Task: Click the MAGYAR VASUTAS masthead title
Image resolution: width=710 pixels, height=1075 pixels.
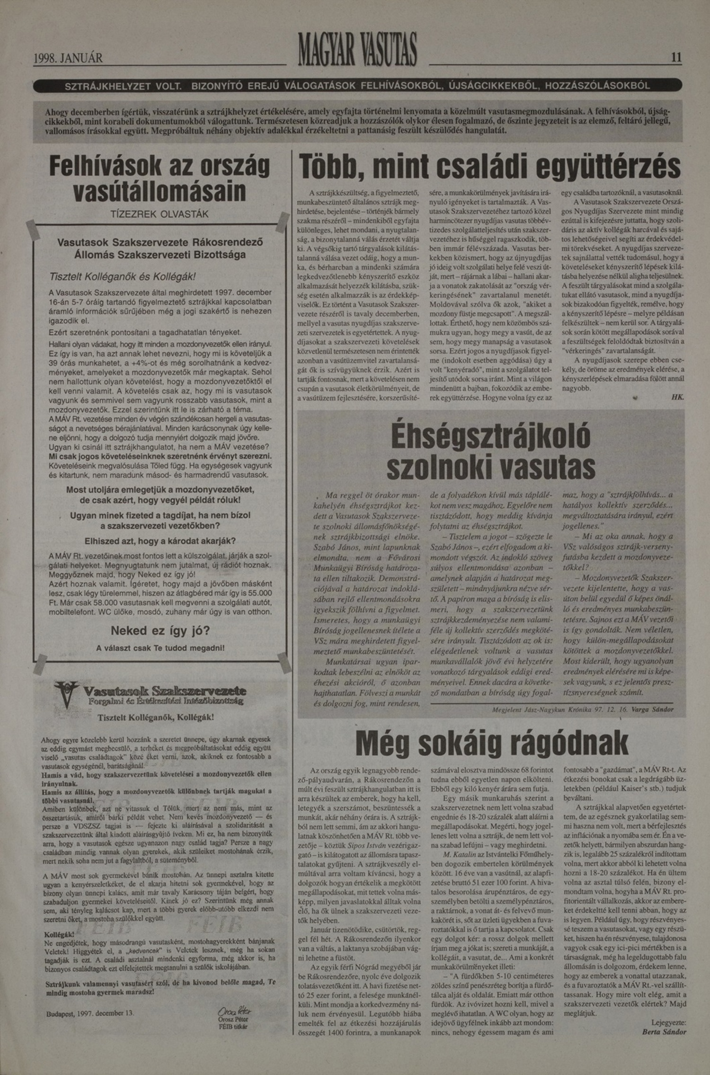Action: (357, 50)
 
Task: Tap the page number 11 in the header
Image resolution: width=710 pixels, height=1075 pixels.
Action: (676, 58)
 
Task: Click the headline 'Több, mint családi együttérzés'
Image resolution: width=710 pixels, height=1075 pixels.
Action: (490, 169)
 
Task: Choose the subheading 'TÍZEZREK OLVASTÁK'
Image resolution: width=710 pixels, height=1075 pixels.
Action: (159, 214)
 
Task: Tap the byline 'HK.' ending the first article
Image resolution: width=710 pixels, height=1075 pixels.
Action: (677, 398)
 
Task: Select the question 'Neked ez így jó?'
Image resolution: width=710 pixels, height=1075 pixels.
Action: (160, 631)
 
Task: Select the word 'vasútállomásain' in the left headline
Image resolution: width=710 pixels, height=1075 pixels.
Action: (160, 192)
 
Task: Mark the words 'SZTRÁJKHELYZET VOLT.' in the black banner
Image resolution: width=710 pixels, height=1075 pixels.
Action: (124, 86)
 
